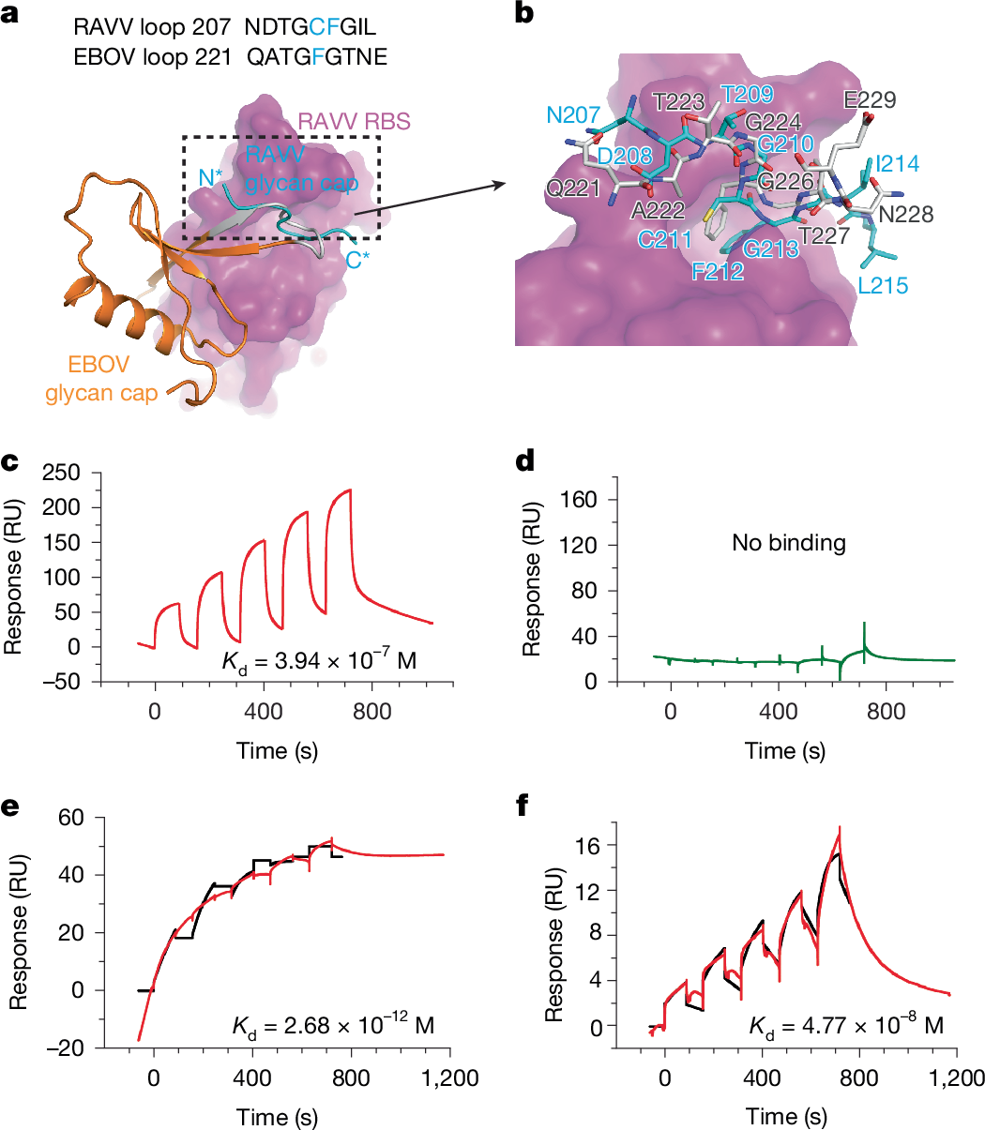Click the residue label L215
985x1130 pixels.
pyautogui.click(x=883, y=285)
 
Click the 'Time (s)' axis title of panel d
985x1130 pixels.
pyautogui.click(x=785, y=750)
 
